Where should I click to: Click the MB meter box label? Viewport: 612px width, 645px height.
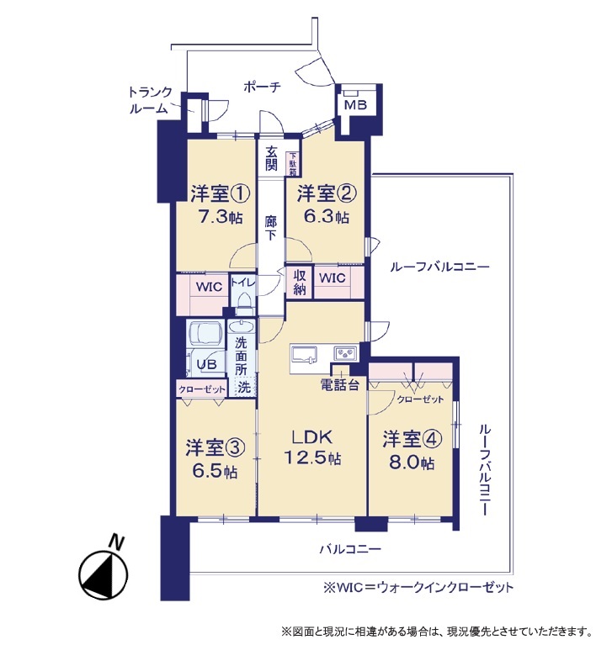coord(355,105)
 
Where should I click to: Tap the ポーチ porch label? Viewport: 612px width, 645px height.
coord(263,87)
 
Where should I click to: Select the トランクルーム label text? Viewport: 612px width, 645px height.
coord(150,100)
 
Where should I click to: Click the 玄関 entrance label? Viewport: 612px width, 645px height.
coord(270,158)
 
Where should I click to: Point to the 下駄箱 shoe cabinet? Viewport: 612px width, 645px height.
coord(292,164)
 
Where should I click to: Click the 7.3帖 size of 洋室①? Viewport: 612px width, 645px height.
coord(220,217)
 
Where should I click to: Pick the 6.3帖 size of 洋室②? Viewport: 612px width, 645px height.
coord(326,217)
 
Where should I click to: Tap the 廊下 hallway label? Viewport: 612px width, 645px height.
coord(270,228)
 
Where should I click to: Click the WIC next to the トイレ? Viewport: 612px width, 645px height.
coord(209,286)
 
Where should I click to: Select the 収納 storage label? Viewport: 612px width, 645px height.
coord(300,283)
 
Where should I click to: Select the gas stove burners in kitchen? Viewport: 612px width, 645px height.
coord(345,353)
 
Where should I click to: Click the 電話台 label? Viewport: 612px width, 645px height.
coord(339,384)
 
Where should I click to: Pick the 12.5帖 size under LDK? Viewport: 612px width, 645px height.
coord(312,457)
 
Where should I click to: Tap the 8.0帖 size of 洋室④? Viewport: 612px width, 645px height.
coord(411,463)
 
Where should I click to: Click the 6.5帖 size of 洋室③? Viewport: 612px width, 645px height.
coord(214,472)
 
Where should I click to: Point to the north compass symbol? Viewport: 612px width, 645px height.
coord(104,573)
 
